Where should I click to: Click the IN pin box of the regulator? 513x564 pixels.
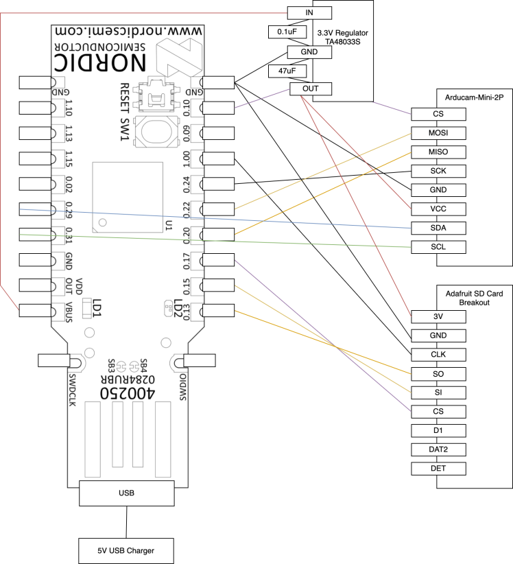pyautogui.click(x=310, y=12)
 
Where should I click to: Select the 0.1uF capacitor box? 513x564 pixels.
pyautogui.click(x=287, y=32)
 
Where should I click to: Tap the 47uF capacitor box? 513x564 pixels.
pyautogui.click(x=287, y=70)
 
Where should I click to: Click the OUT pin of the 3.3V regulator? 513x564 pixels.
pyautogui.click(x=310, y=89)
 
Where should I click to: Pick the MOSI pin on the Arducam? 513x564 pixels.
pyautogui.click(x=439, y=132)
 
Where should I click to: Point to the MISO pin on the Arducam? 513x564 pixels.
pyautogui.click(x=439, y=152)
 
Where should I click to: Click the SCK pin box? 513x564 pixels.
pyautogui.click(x=439, y=170)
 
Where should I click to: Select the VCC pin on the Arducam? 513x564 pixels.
pyautogui.click(x=439, y=209)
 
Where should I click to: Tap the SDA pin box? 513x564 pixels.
pyautogui.click(x=439, y=228)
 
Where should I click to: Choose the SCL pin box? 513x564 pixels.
pyautogui.click(x=439, y=246)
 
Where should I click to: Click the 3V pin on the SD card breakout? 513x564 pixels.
pyautogui.click(x=439, y=316)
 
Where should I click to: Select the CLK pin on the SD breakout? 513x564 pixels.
pyautogui.click(x=439, y=355)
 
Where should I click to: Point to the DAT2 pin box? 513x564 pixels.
pyautogui.click(x=439, y=449)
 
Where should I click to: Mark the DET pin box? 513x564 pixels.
pyautogui.click(x=439, y=469)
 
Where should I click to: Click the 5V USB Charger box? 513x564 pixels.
pyautogui.click(x=126, y=550)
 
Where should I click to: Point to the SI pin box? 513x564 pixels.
pyautogui.click(x=439, y=392)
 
